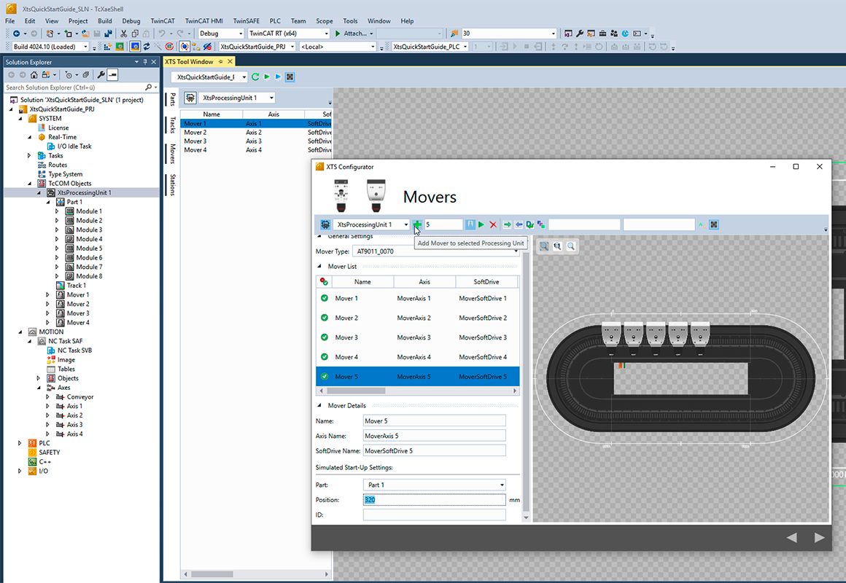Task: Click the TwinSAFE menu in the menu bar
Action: [x=245, y=21]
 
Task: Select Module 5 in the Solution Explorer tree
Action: [x=89, y=249]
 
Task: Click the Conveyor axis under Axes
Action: [x=80, y=397]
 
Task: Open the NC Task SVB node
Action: [x=74, y=351]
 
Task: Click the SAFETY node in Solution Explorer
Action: [x=50, y=453]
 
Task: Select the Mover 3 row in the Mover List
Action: [x=346, y=337]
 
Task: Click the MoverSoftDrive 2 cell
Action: [x=482, y=318]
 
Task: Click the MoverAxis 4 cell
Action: [x=414, y=357]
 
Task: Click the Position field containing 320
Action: [x=433, y=500]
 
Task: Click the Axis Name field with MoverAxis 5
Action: [x=433, y=436]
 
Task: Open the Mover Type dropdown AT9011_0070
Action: [x=435, y=251]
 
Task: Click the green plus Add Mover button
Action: [x=417, y=224]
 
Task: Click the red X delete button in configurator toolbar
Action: [x=493, y=224]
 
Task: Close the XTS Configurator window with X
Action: [x=819, y=167]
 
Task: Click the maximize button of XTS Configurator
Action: [x=796, y=167]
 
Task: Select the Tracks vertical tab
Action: [x=173, y=125]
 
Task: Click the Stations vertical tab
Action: [x=173, y=185]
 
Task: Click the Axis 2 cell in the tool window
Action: [x=254, y=133]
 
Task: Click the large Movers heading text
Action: [x=430, y=197]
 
